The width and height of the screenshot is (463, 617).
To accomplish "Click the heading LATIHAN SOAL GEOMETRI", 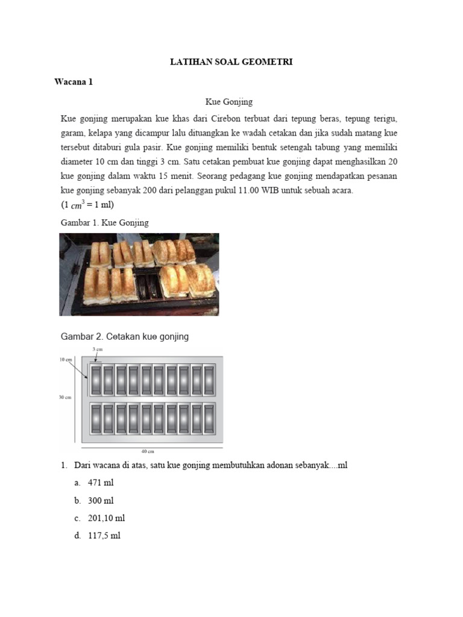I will tap(231, 62).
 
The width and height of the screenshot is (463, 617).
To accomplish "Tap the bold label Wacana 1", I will tap(74, 82).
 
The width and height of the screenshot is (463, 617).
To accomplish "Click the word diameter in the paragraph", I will tap(77, 161).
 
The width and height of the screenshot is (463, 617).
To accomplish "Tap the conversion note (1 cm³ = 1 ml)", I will tap(87, 204).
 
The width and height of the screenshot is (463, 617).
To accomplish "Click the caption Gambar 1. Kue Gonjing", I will tap(105, 223).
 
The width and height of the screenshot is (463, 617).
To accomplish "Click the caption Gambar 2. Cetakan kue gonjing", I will tap(125, 337).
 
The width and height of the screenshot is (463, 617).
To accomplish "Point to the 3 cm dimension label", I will tap(97, 349).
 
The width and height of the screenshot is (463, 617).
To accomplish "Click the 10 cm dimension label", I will tap(66, 360).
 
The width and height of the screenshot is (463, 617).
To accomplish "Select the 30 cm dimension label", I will tap(65, 397).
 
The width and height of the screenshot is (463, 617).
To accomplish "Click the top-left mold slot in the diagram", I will tap(96, 381).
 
